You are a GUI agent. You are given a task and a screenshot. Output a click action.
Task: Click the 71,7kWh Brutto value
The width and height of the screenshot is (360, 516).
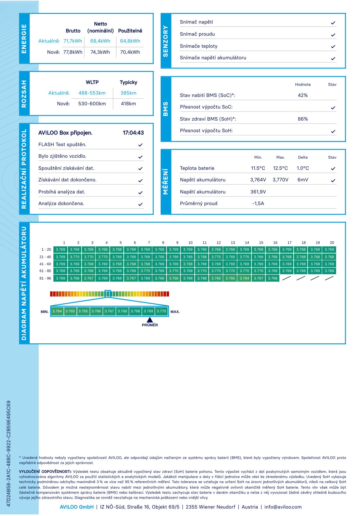coord(73,41)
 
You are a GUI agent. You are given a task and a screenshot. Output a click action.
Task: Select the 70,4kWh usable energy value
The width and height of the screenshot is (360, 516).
coord(130,52)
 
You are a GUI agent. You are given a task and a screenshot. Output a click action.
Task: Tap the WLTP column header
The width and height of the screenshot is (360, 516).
coord(92,82)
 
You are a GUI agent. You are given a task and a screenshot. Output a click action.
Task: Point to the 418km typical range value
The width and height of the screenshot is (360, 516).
coord(128,104)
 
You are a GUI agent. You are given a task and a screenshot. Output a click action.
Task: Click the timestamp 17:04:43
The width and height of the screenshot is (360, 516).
coord(133,133)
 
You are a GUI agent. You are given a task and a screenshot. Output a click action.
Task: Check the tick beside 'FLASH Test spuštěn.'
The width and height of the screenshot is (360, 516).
coord(140,145)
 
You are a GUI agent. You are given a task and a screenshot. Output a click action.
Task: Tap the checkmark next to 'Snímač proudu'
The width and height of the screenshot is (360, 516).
coord(333,35)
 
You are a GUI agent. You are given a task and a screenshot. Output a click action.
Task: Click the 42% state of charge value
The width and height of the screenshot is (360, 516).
coord(303,95)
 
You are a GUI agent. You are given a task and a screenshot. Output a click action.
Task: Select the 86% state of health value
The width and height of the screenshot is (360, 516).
coord(303,119)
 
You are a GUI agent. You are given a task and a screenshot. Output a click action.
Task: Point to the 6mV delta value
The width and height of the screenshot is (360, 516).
coord(303,180)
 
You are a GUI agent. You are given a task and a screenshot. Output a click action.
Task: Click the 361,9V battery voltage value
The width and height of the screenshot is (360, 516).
coord(258,192)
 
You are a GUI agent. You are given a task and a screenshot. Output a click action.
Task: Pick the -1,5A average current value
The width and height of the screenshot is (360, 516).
coord(258,204)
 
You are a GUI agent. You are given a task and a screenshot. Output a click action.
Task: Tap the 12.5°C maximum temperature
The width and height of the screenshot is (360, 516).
coord(280,168)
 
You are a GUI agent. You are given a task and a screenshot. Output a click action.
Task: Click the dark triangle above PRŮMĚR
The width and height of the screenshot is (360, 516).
coord(150,320)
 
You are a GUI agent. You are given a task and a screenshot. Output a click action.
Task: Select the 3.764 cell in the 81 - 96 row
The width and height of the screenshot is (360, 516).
coord(244,278)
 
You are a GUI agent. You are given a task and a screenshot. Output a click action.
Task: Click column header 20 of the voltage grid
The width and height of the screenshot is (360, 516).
coord(332,243)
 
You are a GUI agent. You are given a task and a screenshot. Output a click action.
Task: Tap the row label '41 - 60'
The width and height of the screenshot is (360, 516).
coord(45,264)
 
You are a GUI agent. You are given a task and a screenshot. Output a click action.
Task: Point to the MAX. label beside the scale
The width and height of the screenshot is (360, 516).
coord(175,312)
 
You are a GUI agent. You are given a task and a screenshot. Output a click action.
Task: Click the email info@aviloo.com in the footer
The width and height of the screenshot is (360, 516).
coord(283,507)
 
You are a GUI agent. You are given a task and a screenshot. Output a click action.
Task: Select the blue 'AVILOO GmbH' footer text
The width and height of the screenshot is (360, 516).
coord(77,507)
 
